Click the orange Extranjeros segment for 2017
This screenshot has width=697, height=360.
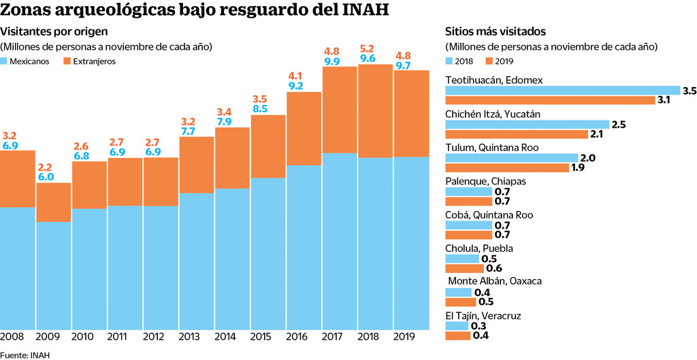pyautogui.click(x=340, y=110)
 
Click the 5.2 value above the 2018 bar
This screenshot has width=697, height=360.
pyautogui.click(x=368, y=48)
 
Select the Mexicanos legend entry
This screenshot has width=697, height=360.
pyautogui.click(x=29, y=61)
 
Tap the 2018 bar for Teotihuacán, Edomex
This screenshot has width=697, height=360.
pyautogui.click(x=562, y=90)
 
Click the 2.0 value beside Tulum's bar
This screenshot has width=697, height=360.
pyautogui.click(x=588, y=158)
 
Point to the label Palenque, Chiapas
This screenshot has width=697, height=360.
pyautogui.click(x=485, y=182)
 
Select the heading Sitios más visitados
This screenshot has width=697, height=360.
pyautogui.click(x=496, y=31)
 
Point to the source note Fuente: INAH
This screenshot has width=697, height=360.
pyautogui.click(x=25, y=355)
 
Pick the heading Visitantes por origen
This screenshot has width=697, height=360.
pyautogui.click(x=54, y=31)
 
